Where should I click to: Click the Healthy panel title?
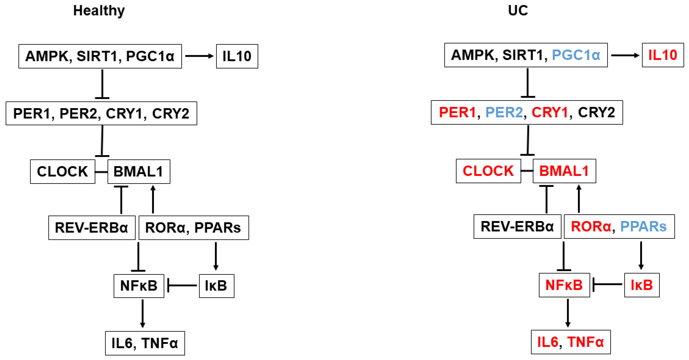coord(99,11)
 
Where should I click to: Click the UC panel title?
coord(518,11)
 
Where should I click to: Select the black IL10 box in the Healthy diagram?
coord(237,56)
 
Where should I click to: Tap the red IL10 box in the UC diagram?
coord(663,55)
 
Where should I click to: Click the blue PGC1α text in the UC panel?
coord(576,55)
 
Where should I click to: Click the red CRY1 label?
coord(550,112)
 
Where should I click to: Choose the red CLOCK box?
coord(488,171)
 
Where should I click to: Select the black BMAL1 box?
coord(139,172)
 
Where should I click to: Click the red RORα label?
coord(591,227)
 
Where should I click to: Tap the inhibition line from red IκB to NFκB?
coord(607,284)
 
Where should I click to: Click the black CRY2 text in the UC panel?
coord(596,112)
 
